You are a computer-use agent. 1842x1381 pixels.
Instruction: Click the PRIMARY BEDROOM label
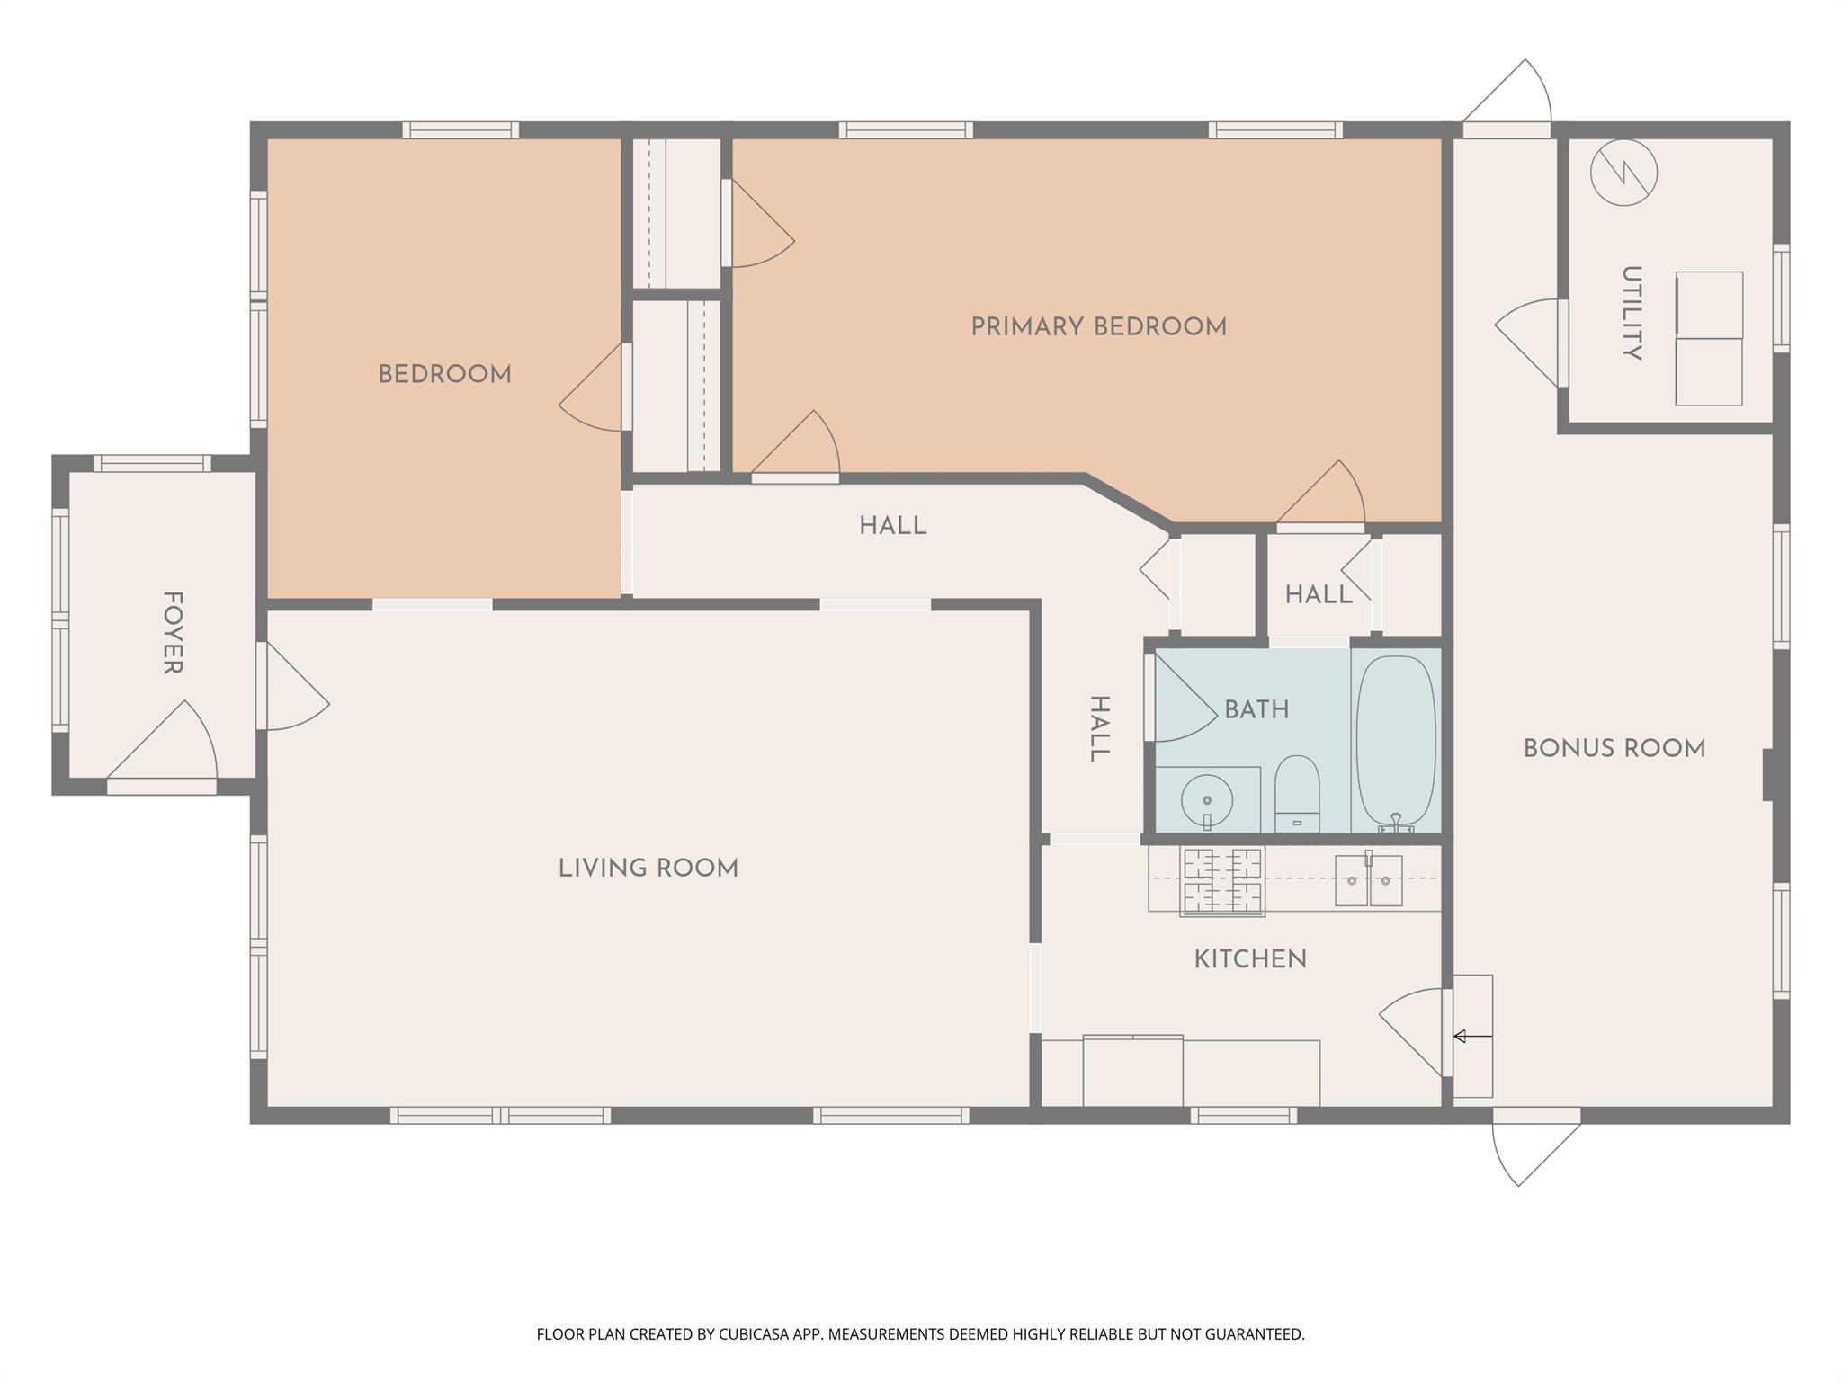tap(1098, 326)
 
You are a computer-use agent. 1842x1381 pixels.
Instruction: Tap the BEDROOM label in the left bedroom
tap(444, 374)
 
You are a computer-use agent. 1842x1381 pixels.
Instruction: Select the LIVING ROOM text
tap(648, 868)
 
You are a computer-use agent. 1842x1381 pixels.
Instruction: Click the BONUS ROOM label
tap(1614, 748)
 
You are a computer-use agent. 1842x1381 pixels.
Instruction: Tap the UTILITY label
tap(1631, 313)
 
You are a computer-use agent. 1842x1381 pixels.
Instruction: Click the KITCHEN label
tap(1249, 958)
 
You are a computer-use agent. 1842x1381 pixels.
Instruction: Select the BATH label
tap(1256, 709)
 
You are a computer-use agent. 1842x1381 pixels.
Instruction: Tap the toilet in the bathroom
tap(1296, 793)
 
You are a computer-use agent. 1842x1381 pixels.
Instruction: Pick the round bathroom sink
tap(1206, 799)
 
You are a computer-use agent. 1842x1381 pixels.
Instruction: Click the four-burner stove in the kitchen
tap(1221, 880)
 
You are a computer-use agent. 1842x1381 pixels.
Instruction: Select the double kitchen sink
tap(1368, 880)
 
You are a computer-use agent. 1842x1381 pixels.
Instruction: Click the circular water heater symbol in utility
tap(1623, 173)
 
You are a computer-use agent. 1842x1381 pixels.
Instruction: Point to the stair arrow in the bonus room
tap(1471, 1037)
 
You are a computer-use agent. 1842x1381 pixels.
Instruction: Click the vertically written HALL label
tap(1099, 728)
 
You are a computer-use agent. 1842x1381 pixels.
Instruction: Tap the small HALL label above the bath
tap(1318, 594)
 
